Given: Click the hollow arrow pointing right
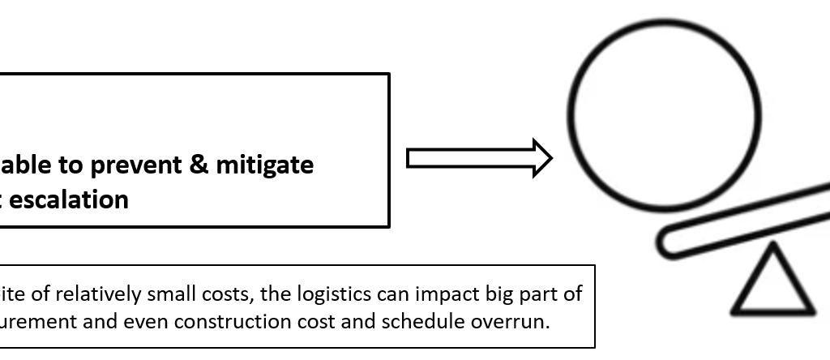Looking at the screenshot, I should pos(478,157).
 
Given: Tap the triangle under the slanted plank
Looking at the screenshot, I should pos(773,284).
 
